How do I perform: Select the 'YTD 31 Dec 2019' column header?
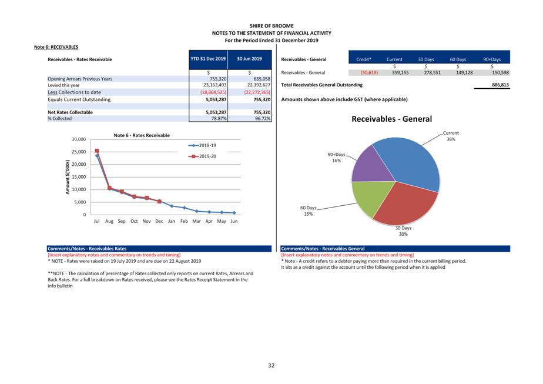click(x=208, y=59)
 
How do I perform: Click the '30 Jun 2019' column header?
click(x=249, y=59)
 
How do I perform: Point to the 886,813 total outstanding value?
click(x=500, y=85)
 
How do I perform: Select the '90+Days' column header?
click(x=492, y=59)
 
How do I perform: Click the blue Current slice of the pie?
click(x=411, y=159)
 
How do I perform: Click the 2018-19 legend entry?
click(x=202, y=145)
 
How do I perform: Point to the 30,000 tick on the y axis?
click(x=79, y=139)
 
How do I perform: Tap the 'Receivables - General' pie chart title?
click(x=391, y=119)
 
